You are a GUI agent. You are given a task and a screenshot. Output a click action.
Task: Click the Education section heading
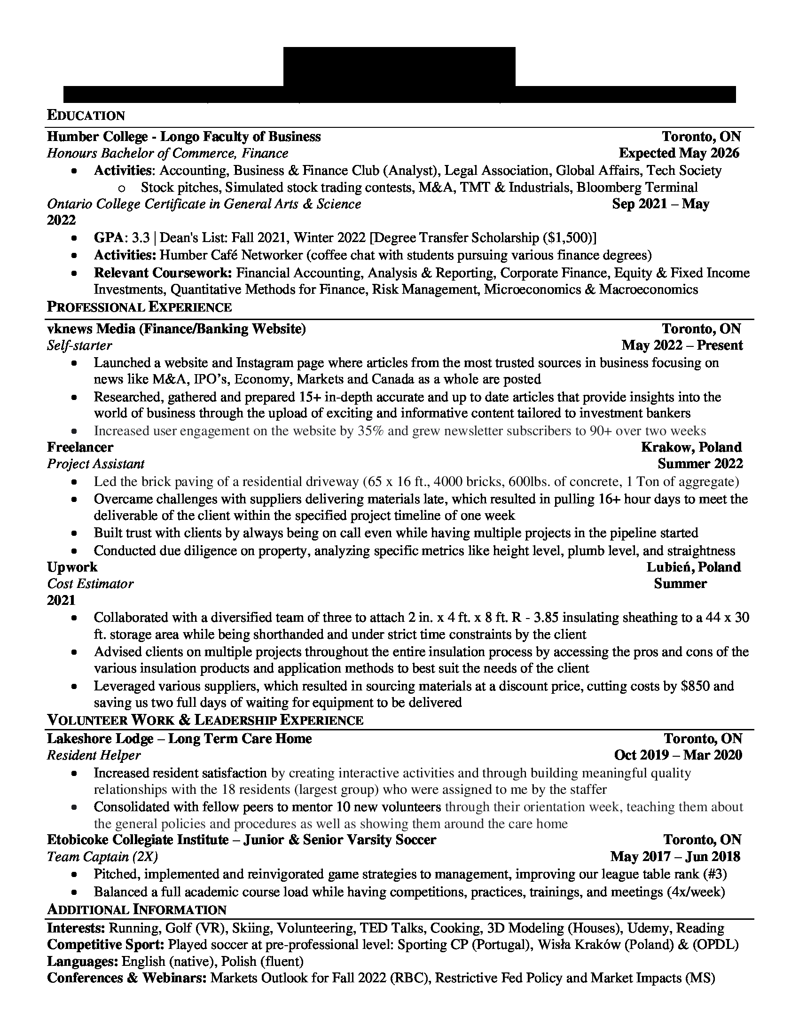(x=86, y=116)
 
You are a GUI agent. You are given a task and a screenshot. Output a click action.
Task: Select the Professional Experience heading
(x=139, y=307)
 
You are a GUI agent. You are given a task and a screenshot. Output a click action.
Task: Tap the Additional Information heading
(x=136, y=909)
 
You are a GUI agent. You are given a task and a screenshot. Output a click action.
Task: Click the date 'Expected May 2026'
(x=679, y=153)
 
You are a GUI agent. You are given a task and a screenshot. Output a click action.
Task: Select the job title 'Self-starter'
(x=79, y=345)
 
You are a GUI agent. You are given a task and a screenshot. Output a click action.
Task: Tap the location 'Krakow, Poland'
(x=691, y=447)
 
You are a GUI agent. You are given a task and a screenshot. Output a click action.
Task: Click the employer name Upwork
(x=72, y=567)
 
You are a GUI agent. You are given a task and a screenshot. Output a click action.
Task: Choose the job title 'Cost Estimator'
(x=90, y=584)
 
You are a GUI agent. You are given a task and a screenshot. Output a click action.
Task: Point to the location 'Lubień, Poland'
(x=693, y=567)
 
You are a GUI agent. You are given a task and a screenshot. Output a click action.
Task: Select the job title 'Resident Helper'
(x=94, y=755)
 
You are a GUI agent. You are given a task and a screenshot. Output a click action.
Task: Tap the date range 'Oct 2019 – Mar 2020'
(x=678, y=755)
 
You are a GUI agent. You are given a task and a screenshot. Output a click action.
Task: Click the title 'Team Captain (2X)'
(x=102, y=857)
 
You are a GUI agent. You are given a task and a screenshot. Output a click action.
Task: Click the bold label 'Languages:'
(x=82, y=962)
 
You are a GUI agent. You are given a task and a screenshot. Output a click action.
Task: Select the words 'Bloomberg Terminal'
(x=637, y=188)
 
